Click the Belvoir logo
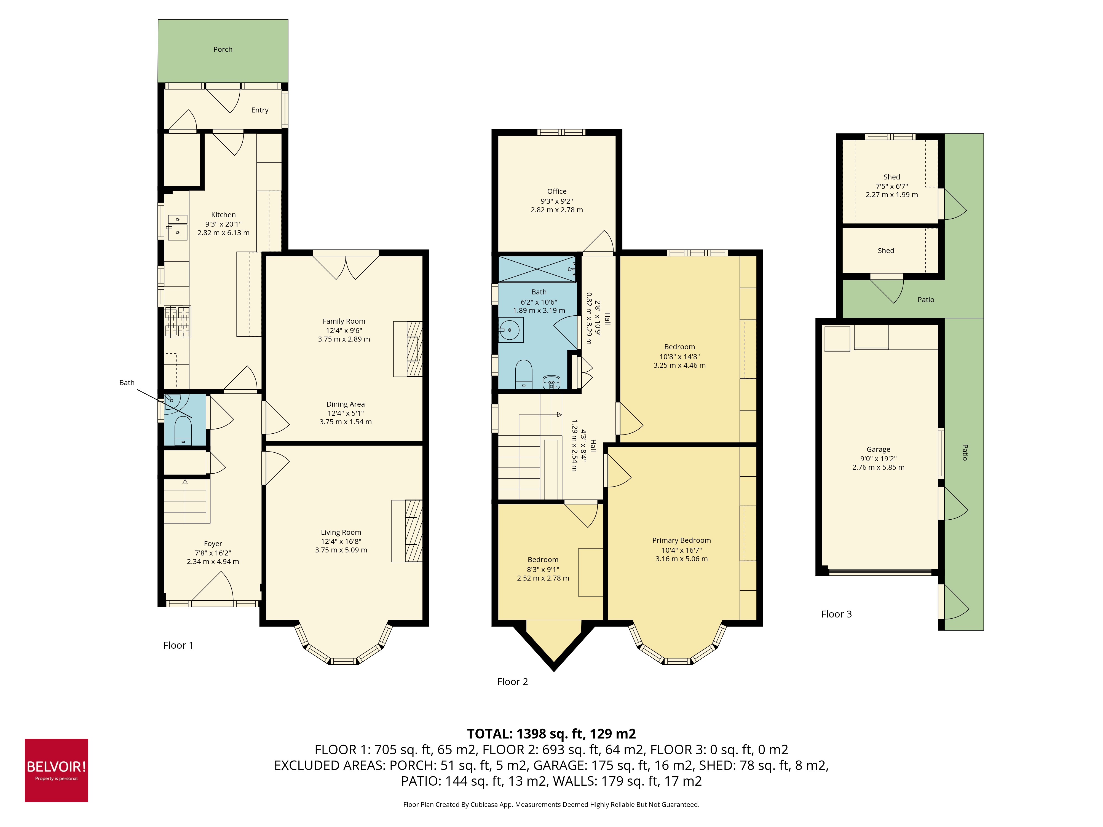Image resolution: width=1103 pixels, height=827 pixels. pos(56,770)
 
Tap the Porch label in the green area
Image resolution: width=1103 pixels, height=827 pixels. pos(223,49)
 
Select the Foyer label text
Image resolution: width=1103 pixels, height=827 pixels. pos(213,544)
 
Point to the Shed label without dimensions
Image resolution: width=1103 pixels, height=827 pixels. pos(886,251)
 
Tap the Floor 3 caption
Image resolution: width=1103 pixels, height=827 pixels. pos(836,614)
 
